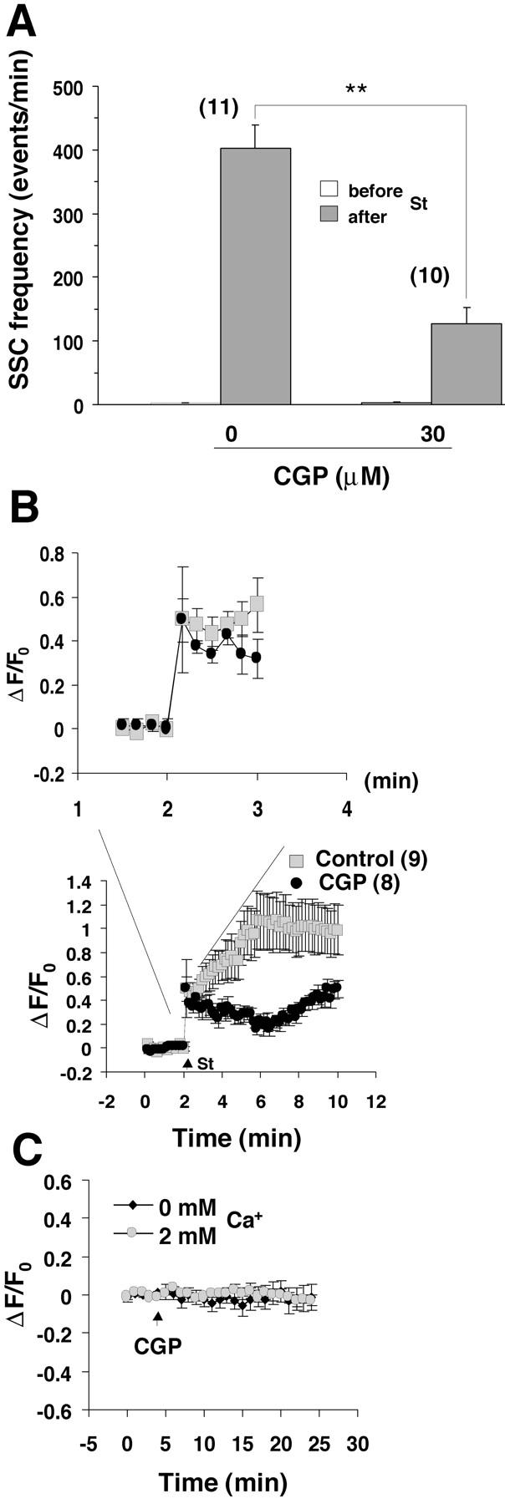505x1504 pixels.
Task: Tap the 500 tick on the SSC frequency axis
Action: pos(70,87)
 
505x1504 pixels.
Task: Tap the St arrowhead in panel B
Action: pos(187,1063)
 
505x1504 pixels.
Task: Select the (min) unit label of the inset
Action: pos(391,781)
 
